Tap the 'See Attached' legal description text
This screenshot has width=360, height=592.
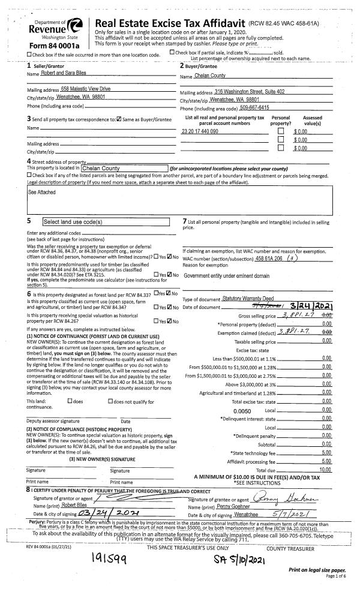point(40,193)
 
